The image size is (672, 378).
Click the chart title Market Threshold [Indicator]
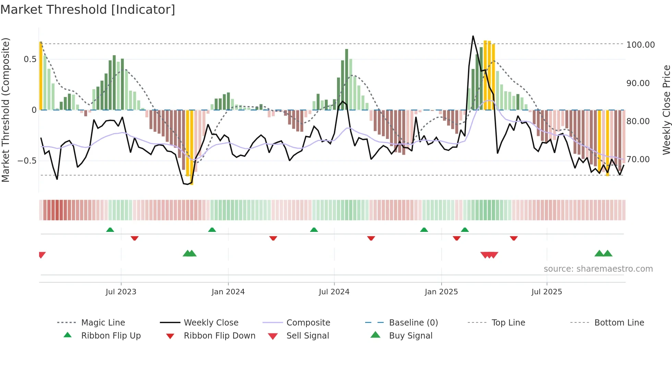point(88,10)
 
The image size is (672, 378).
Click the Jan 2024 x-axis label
point(228,292)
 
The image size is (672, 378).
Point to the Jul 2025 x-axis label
point(547,292)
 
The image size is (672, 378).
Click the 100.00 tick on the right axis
point(640,45)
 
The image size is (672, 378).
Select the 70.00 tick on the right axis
point(638,159)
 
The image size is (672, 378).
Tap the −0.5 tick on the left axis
point(27,161)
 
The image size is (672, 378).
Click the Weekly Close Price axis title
point(666,110)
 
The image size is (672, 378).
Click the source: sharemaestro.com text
point(598,269)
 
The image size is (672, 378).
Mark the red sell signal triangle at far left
point(42,255)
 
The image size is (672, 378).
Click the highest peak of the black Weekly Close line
point(473,36)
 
